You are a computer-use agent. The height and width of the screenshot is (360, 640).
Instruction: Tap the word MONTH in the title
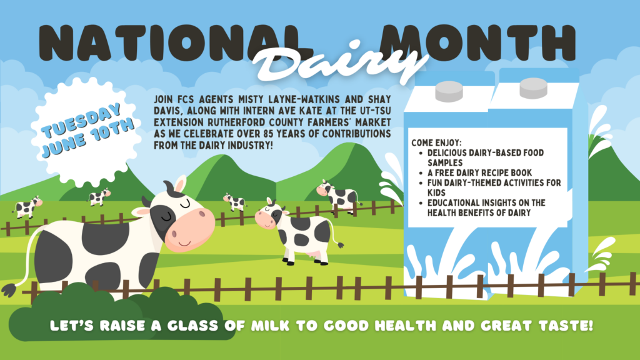pos(477,42)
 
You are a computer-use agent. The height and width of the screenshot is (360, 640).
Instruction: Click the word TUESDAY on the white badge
pos(82,120)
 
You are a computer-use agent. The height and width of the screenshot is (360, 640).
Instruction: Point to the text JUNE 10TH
pos(87,137)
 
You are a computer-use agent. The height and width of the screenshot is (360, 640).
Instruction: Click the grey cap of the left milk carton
pos(449,91)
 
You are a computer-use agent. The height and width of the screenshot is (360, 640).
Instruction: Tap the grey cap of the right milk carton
pos(533,88)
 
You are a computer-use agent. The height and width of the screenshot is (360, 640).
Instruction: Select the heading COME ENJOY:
pos(436,143)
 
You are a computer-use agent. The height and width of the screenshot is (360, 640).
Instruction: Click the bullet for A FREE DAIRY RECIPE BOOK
pos(421,173)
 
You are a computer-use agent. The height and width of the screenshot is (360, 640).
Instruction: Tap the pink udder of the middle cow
pos(314,256)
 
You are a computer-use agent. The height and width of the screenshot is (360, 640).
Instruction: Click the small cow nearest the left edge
pos(27,206)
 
